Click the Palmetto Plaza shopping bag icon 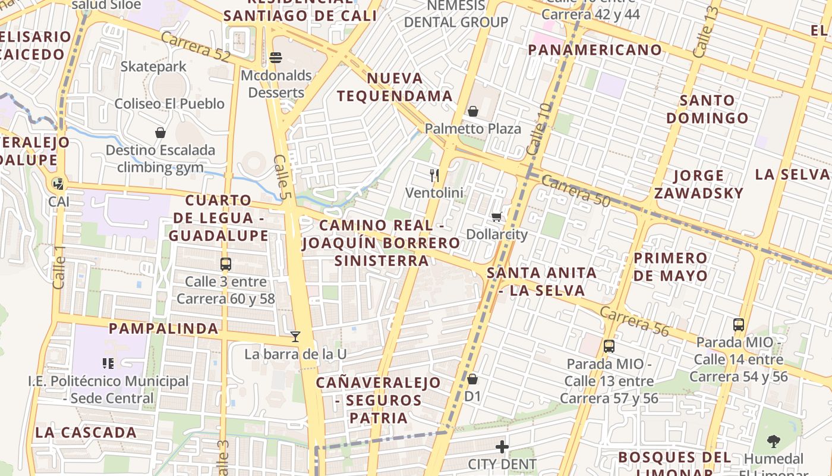pyautogui.click(x=473, y=111)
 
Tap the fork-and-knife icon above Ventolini pyautogui.click(x=434, y=175)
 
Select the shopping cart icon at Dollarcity pyautogui.click(x=497, y=217)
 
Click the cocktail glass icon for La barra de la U pyautogui.click(x=295, y=337)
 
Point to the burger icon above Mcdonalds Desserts pyautogui.click(x=275, y=58)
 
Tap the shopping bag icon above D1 pyautogui.click(x=472, y=379)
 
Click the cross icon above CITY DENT pyautogui.click(x=502, y=446)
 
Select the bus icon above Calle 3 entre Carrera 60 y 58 pyautogui.click(x=225, y=264)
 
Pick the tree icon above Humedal pyautogui.click(x=773, y=441)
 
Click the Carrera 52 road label pyautogui.click(x=195, y=46)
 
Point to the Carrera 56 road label pyautogui.click(x=634, y=321)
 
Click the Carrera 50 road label pyautogui.click(x=575, y=191)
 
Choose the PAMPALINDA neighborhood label pyautogui.click(x=163, y=328)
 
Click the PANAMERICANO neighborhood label pyautogui.click(x=594, y=50)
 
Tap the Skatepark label pyautogui.click(x=153, y=67)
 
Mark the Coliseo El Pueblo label pyautogui.click(x=169, y=104)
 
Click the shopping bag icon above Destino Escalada pyautogui.click(x=160, y=133)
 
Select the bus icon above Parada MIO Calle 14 pyautogui.click(x=739, y=325)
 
